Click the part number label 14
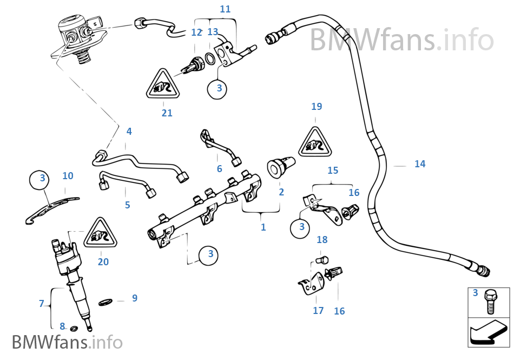(x=420, y=164)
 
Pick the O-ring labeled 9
(x=106, y=302)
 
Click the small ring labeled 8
(x=74, y=328)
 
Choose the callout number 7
(x=41, y=304)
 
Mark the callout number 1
(x=263, y=227)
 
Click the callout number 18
(x=322, y=240)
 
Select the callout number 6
(x=219, y=169)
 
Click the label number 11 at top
(x=225, y=9)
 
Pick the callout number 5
(x=127, y=205)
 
